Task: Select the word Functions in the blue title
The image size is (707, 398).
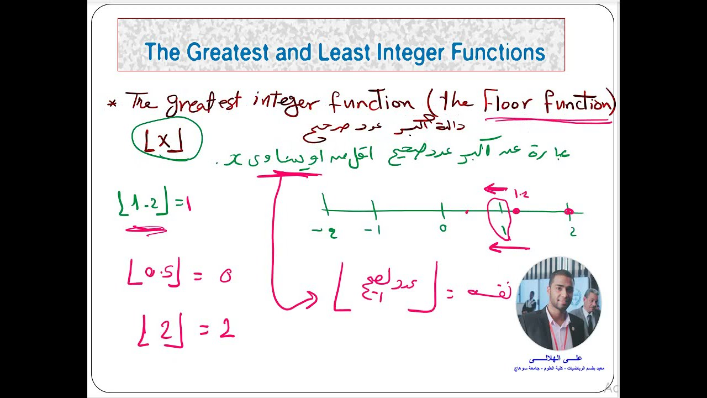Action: click(498, 53)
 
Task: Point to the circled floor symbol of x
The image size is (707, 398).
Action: click(166, 142)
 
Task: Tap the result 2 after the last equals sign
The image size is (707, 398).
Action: click(226, 330)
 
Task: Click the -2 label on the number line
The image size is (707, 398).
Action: click(325, 232)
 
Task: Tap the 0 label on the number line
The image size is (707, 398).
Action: click(443, 227)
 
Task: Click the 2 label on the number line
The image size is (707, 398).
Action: click(573, 232)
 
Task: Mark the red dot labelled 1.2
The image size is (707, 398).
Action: click(516, 211)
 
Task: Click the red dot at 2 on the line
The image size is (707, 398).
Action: click(569, 211)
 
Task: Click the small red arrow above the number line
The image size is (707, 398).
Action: click(495, 190)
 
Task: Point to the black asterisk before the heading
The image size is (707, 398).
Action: click(113, 103)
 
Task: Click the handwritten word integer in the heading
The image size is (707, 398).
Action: click(286, 102)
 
